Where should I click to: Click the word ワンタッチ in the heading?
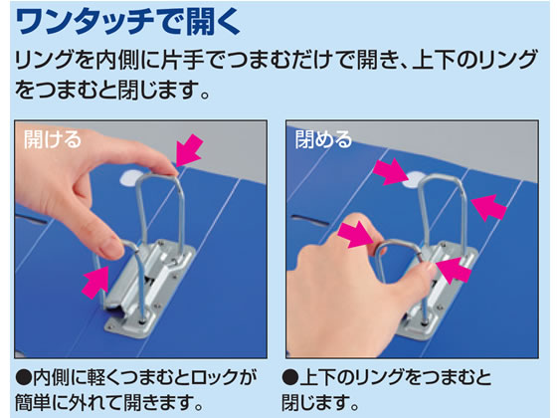(x=86, y=22)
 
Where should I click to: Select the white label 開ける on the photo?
(x=53, y=138)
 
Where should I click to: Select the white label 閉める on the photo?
(x=323, y=138)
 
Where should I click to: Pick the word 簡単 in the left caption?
(x=32, y=403)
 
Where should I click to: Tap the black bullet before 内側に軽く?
(x=24, y=377)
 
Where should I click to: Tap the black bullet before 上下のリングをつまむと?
(x=289, y=377)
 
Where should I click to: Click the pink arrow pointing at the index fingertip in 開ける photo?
(x=190, y=150)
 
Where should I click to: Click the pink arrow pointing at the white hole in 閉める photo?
(x=390, y=172)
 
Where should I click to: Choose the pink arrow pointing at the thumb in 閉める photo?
(x=454, y=270)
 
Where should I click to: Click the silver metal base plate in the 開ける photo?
(x=150, y=287)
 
